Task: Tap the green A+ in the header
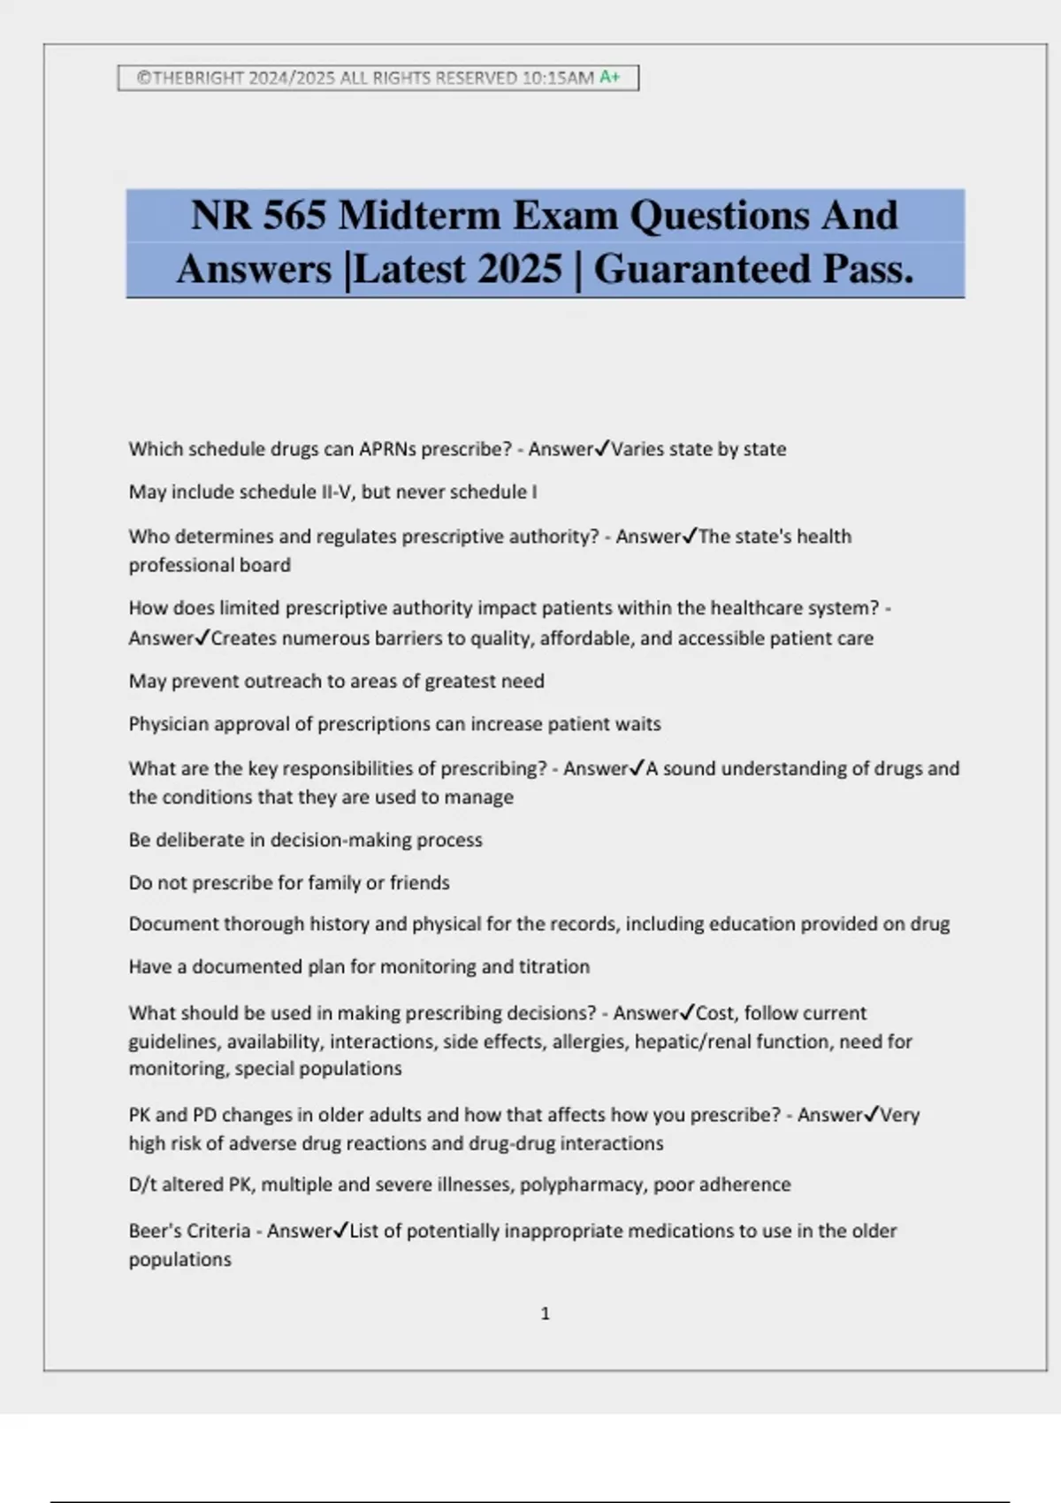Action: click(610, 78)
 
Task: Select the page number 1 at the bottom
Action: click(545, 1314)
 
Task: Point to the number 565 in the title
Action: click(294, 215)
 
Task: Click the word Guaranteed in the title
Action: click(703, 269)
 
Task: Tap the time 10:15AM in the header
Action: click(558, 78)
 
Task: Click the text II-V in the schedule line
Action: click(335, 492)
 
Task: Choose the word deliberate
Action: click(201, 840)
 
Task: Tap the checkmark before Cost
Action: click(687, 1012)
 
